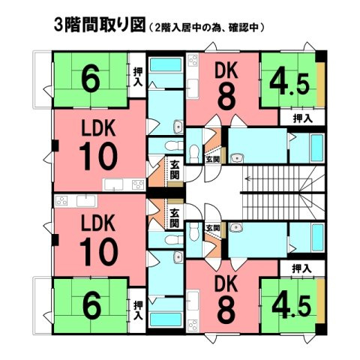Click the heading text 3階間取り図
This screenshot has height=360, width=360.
[x=100, y=25]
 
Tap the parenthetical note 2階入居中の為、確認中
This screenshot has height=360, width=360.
[x=206, y=27]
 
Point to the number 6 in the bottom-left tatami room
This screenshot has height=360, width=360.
[x=92, y=307]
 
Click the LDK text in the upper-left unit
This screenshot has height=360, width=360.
[x=98, y=127]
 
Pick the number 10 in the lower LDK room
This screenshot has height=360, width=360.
[x=99, y=251]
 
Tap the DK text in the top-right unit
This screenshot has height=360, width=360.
[x=226, y=70]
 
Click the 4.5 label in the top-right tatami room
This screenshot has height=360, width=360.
[x=289, y=84]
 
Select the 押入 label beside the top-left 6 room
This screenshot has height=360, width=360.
[x=137, y=76]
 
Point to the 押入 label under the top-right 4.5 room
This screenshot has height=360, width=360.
[x=303, y=118]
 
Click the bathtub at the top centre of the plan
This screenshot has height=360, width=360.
[x=166, y=64]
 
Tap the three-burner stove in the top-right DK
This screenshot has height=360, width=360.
[x=193, y=60]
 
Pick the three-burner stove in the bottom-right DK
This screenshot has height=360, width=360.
[x=193, y=325]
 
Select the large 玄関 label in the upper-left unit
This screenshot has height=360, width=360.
[x=175, y=170]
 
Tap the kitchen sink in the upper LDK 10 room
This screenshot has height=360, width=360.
[x=114, y=184]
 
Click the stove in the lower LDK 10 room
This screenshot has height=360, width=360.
[x=61, y=201]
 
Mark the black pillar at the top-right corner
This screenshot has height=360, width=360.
[x=321, y=56]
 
